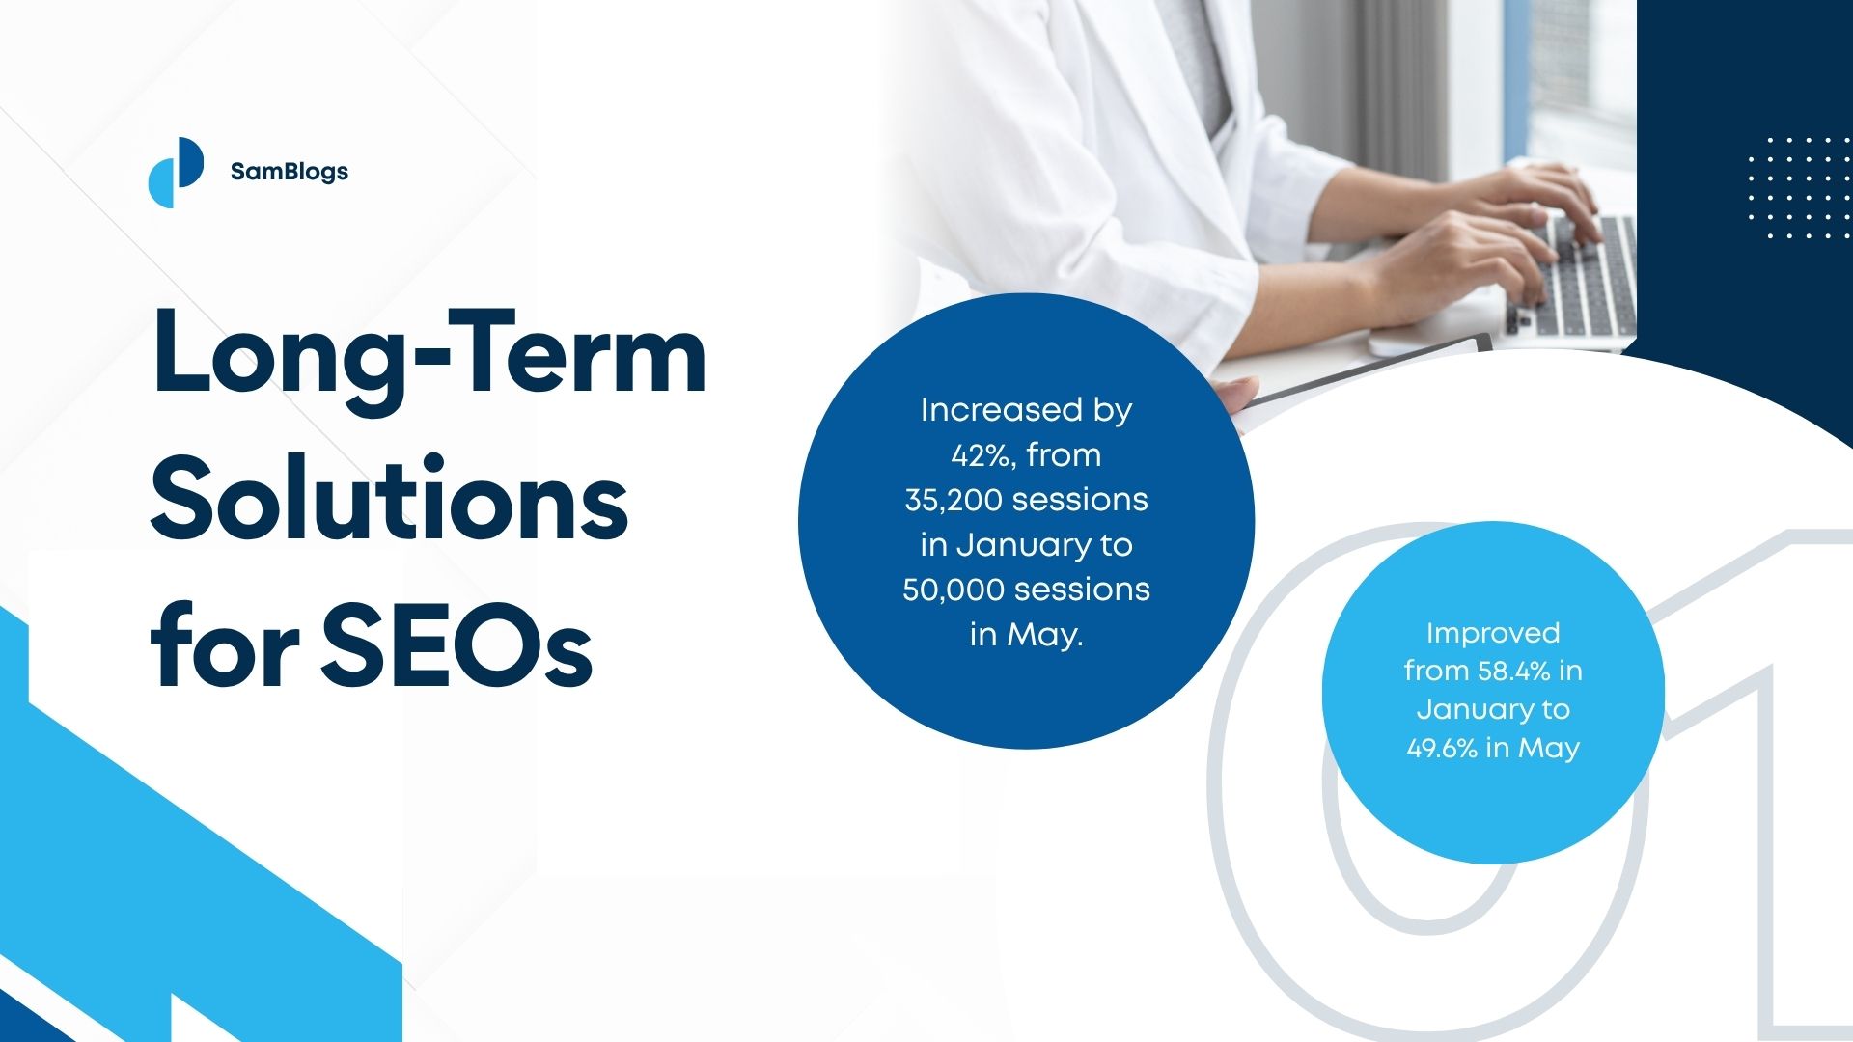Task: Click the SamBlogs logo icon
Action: pos(176,172)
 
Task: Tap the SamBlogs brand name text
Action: pos(290,172)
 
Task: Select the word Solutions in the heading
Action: pos(390,497)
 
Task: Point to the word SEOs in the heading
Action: pos(456,642)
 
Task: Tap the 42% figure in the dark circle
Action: pos(983,455)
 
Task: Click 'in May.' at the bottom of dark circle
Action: pos(1027,635)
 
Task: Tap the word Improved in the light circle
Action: pos(1493,634)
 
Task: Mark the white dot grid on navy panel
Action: pos(1799,188)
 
